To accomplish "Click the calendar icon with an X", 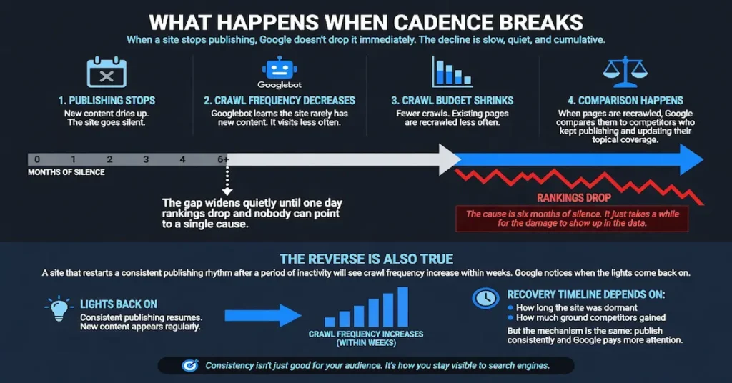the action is pyautogui.click(x=107, y=72).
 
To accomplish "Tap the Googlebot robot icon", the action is pyautogui.click(x=280, y=68).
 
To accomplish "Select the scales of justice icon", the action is pyautogui.click(x=625, y=72).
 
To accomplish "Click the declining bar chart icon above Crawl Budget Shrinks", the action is pyautogui.click(x=452, y=72).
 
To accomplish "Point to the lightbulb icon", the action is pyautogui.click(x=59, y=309).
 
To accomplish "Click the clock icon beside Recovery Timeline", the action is pyautogui.click(x=485, y=298).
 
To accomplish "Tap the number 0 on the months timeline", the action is pyautogui.click(x=37, y=159).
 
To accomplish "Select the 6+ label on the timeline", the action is pyautogui.click(x=223, y=159).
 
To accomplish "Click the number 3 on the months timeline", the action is pyautogui.click(x=146, y=159).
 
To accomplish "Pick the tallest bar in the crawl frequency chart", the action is pyautogui.click(x=403, y=307).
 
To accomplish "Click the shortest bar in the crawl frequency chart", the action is pyautogui.click(x=330, y=322).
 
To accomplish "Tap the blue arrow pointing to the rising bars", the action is pyautogui.click(x=263, y=316).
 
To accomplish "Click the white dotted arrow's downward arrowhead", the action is pyautogui.click(x=227, y=191).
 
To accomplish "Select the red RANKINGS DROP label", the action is pyautogui.click(x=574, y=198).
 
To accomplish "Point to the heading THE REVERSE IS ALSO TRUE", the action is pyautogui.click(x=367, y=259).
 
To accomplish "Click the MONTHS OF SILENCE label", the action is pyautogui.click(x=66, y=172).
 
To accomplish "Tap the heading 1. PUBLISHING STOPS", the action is pyautogui.click(x=107, y=100).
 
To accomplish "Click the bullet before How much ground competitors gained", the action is pyautogui.click(x=510, y=318).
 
